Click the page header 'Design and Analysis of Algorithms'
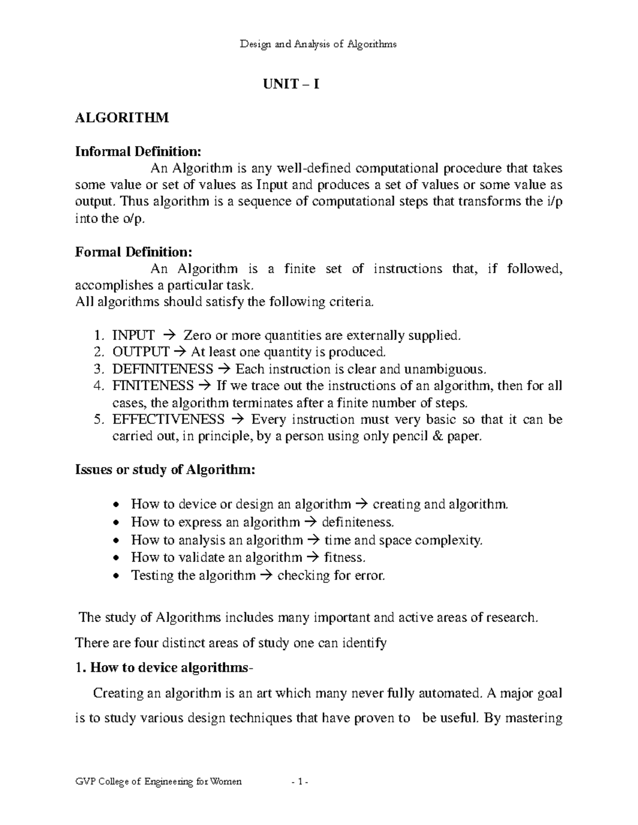[x=318, y=45]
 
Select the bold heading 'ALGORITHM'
[x=122, y=117]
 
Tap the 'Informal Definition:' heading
[x=138, y=152]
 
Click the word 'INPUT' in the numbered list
[x=133, y=335]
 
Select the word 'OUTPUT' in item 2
[x=141, y=352]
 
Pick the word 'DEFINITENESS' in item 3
[x=163, y=369]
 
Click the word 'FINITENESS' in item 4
[x=153, y=385]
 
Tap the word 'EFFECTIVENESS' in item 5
[x=169, y=419]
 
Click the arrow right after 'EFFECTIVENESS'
[x=238, y=420]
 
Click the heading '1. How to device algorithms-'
[x=162, y=668]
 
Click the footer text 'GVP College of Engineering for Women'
[x=158, y=782]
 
